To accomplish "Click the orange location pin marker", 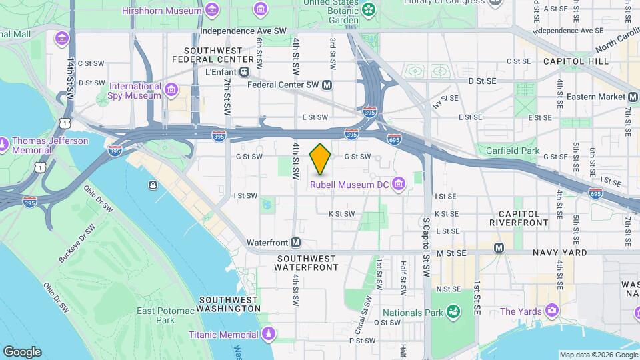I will [321, 159].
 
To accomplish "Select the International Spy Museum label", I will [135, 91].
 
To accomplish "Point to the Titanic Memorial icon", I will [268, 333].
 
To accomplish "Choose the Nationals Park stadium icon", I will [453, 311].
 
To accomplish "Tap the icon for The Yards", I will [551, 311].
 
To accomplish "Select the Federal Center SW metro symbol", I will [327, 85].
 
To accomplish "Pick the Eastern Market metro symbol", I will [633, 97].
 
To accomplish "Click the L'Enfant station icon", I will [245, 71].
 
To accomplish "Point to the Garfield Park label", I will [512, 151].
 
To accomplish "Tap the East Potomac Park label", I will [156, 315].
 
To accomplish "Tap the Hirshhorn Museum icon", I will [212, 10].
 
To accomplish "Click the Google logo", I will [22, 352].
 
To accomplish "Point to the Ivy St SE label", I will [447, 101].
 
